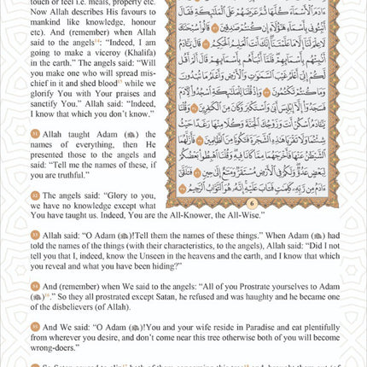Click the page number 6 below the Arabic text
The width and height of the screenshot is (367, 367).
point(253,202)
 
